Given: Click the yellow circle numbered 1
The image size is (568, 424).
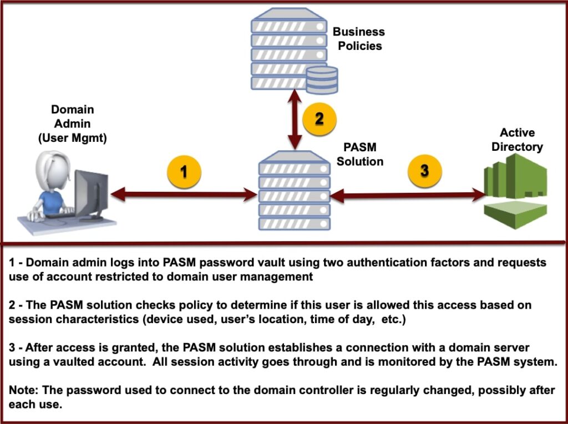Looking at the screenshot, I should (184, 171).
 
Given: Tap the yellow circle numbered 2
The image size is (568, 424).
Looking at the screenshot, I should (319, 118).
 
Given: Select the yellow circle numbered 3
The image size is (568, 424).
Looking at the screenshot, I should (425, 170).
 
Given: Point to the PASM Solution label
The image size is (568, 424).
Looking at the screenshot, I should (360, 155).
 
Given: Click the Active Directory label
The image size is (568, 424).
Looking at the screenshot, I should (517, 140).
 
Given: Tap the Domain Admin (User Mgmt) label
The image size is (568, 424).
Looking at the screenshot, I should (72, 124).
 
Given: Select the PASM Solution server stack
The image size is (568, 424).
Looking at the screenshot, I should (295, 191).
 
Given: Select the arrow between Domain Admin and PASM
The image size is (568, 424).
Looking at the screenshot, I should (184, 195).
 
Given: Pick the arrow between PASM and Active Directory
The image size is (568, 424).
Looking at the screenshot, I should (408, 195).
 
